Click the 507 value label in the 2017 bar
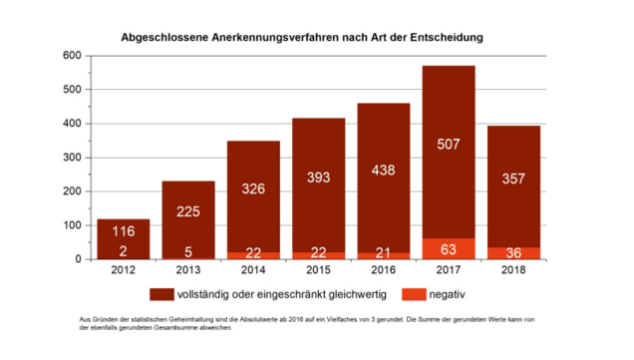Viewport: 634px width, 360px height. pos(448,145)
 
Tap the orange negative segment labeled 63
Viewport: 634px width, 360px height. pos(449,248)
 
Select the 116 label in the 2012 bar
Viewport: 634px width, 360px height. pos(124,231)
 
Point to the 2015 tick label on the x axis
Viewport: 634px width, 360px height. pos(318,270)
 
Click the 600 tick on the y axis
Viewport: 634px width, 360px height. pos(72,56)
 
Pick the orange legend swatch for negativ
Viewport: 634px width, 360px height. pos(414,294)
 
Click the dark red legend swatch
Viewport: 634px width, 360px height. pos(161,294)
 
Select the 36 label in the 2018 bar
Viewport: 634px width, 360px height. pos(513,253)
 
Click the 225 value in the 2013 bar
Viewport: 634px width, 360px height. pos(188,211)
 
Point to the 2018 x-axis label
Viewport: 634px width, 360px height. pos(513,270)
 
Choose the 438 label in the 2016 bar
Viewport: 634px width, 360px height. pos(384,171)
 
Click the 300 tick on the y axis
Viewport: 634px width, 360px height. pos(72,158)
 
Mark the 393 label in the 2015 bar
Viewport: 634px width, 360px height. pos(318,178)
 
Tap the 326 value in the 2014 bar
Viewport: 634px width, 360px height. pos(253,188)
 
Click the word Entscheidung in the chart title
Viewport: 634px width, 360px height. pos(447,38)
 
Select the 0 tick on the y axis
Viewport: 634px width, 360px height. pos(78,259)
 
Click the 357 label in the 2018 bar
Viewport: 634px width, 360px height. pos(513,179)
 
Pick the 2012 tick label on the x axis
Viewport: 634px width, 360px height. pos(124,270)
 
